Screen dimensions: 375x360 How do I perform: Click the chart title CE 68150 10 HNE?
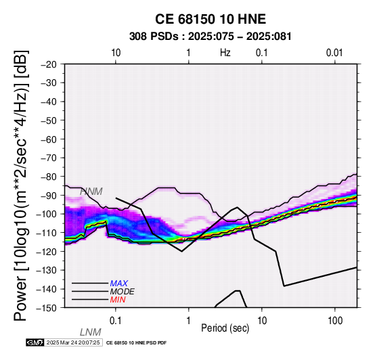pos(211,19)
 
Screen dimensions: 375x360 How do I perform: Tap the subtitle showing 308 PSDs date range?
pos(211,37)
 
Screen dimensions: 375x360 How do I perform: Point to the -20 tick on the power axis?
pos(49,64)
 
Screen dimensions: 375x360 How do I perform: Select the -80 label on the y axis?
pos(49,177)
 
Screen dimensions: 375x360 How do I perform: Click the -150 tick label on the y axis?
pos(47,308)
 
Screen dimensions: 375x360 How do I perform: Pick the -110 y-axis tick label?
pos(47,233)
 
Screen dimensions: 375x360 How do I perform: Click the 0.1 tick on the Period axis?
pos(116,321)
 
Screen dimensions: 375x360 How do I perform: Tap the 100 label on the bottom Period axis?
pos(335,321)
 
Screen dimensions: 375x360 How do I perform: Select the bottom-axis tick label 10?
pos(262,321)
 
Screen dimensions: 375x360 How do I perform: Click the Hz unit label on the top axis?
pos(225,53)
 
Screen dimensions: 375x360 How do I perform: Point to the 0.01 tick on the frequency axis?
pos(334,53)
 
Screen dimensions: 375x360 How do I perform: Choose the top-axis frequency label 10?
pos(116,53)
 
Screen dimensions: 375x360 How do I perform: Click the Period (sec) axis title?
pos(225,328)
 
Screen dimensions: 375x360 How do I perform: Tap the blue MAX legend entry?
pos(119,284)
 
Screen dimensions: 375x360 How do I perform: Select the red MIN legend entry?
pos(118,300)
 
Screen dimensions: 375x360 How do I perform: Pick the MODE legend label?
pos(123,292)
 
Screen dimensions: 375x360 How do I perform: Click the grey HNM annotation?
pos(91,192)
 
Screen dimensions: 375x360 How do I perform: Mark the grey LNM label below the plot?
pos(91,332)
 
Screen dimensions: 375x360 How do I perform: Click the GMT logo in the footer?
pos(35,342)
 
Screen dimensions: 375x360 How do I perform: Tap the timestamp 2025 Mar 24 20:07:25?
pos(73,342)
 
